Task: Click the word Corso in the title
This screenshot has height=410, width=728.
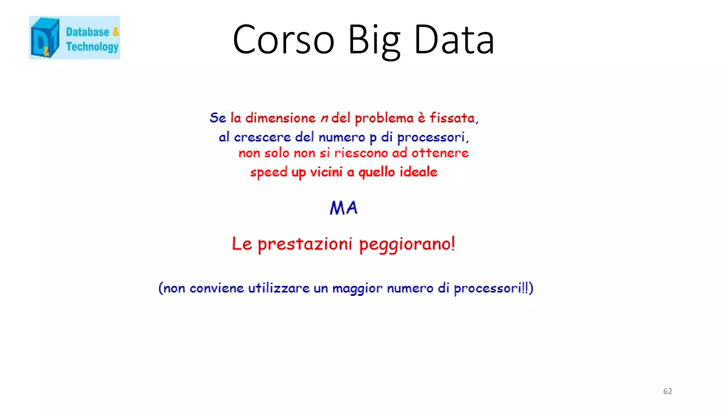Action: tap(283, 40)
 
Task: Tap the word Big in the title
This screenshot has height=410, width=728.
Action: tap(374, 40)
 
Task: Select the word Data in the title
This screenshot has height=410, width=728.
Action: tap(454, 40)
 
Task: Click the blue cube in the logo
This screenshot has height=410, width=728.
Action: tap(44, 37)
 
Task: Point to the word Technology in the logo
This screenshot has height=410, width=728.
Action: tap(92, 47)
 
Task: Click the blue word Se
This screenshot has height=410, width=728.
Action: tap(218, 118)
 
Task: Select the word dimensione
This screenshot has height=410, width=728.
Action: tap(280, 118)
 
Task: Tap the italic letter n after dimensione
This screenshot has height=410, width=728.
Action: tap(324, 118)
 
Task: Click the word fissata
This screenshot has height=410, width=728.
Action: tap(453, 118)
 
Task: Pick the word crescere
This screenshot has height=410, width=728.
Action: tap(262, 137)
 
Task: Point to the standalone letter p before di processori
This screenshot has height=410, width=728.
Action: tap(373, 138)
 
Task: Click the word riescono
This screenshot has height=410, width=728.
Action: tap(361, 153)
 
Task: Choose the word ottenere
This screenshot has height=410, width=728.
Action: tap(440, 153)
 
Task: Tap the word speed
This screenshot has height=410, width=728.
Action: tap(269, 173)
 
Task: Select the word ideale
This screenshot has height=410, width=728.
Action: tap(418, 172)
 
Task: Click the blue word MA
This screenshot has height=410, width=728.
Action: tap(343, 208)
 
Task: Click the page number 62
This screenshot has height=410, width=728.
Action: tap(668, 391)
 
